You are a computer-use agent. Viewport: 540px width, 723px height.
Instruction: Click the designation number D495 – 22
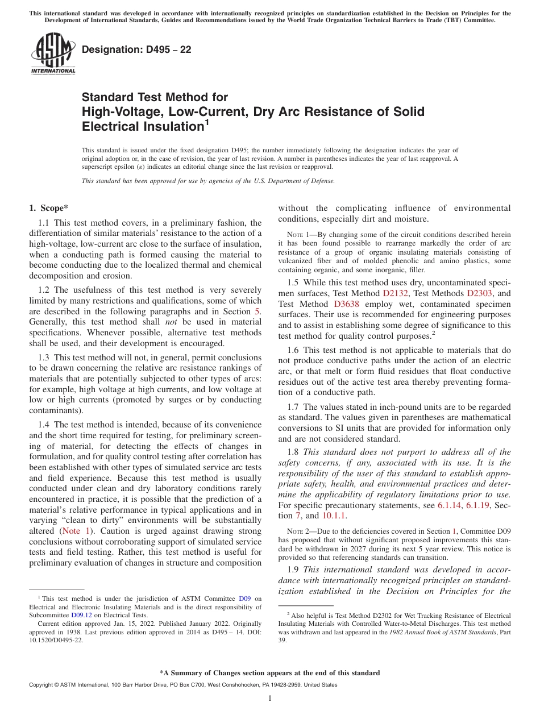click(x=136, y=50)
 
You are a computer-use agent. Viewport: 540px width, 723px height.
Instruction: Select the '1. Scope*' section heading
click(x=48, y=208)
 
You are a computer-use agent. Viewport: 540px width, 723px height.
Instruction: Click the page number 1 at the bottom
click(x=270, y=699)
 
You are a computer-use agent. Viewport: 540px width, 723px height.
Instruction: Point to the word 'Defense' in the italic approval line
click(x=322, y=181)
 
